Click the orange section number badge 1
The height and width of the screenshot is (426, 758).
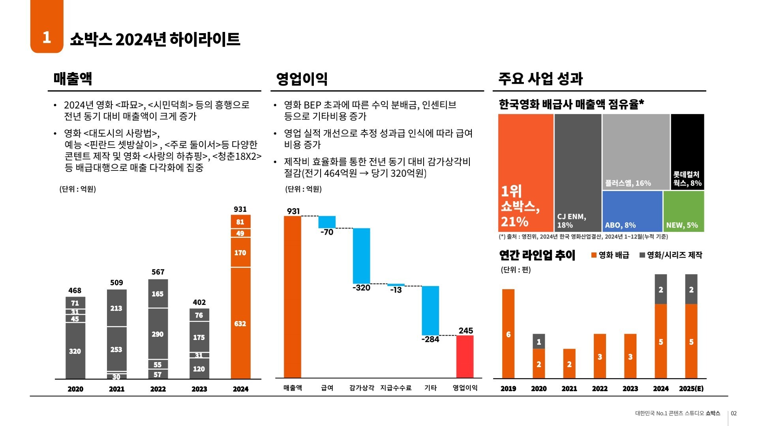(47, 37)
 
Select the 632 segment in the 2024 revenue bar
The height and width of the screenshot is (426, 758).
(240, 323)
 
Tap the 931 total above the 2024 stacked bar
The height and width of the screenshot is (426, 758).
(240, 209)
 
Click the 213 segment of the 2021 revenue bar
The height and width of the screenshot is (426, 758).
(116, 308)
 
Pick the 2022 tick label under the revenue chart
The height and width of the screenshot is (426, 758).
(158, 389)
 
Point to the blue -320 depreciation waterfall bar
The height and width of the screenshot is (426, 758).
(361, 256)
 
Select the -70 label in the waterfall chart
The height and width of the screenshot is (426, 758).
(327, 232)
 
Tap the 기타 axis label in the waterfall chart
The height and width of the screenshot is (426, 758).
(430, 388)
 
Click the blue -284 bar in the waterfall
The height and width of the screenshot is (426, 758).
(430, 310)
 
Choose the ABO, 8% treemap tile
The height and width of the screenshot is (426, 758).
(632, 211)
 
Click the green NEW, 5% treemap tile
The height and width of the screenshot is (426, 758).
(683, 211)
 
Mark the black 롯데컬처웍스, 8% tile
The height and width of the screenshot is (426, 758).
(687, 152)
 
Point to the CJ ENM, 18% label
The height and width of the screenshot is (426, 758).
(571, 221)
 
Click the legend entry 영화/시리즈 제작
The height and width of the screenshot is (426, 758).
(671, 255)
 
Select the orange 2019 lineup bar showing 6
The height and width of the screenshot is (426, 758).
(508, 334)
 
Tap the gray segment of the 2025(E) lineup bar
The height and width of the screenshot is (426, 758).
(691, 289)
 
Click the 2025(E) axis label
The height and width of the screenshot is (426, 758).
(691, 389)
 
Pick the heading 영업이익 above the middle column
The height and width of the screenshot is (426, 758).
(302, 78)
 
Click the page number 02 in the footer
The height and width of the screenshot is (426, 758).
(734, 413)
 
